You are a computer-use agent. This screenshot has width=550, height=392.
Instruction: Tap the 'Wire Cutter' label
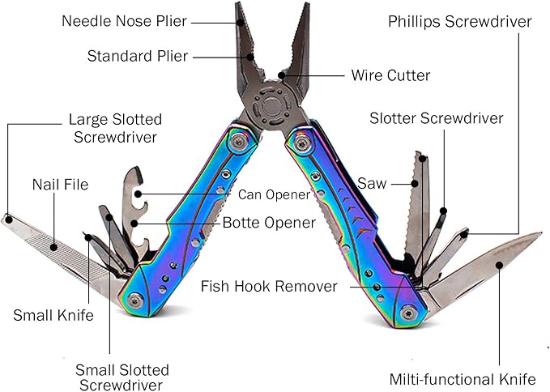390,75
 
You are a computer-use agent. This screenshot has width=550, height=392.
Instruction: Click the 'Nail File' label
60,185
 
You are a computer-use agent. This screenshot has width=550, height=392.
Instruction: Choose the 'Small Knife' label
53,314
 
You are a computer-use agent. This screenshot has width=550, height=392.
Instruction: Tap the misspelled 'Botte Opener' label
269,223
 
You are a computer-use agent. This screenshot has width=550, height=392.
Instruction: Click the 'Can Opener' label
274,194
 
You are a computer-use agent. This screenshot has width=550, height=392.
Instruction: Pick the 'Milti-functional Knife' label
463,379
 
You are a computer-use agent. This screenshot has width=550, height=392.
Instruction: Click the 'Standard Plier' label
138,56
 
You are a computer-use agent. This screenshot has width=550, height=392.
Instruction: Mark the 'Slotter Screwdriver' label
436,118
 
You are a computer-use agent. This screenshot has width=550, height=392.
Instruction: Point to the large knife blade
486,263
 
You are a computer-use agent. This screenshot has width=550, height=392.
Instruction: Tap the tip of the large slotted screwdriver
6,218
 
